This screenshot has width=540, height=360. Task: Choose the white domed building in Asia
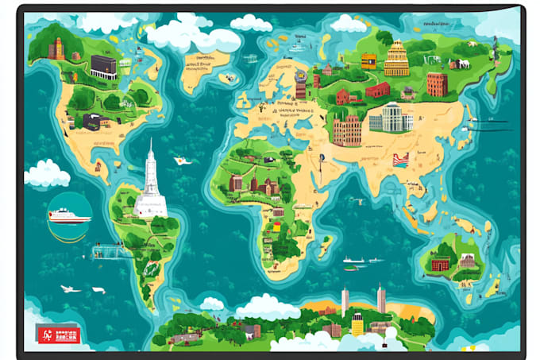[391, 118]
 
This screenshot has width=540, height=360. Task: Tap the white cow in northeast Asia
[460, 64]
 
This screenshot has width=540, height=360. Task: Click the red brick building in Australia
[441, 261]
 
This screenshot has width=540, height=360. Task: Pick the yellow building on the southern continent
[357, 323]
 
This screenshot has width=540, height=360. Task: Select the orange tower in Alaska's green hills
[56, 49]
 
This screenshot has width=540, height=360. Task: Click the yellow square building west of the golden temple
[368, 62]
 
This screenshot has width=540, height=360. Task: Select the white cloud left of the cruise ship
[46, 172]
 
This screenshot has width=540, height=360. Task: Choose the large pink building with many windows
[347, 130]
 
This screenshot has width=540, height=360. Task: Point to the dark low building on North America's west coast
[92, 122]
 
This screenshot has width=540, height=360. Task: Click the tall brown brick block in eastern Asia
[437, 84]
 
